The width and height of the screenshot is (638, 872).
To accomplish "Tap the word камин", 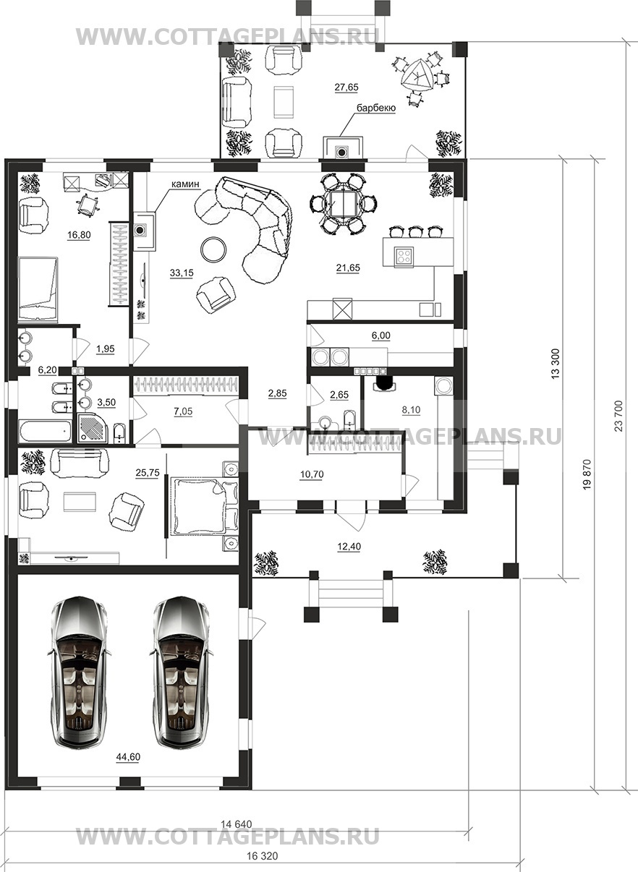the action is tap(185, 184).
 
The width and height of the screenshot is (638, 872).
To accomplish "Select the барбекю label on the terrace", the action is tap(376, 108).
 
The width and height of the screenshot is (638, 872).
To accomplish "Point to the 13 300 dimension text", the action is tap(556, 364).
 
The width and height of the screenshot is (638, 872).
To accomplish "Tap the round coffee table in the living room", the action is tap(213, 249).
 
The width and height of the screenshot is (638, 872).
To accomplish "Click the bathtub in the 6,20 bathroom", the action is tap(45, 429).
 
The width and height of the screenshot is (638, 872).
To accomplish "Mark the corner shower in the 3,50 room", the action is tap(93, 428).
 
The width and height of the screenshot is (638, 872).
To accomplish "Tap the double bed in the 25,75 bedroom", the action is tap(200, 505).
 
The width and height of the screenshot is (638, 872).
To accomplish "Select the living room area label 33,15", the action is tap(182, 273).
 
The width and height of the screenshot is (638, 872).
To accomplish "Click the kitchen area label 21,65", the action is tap(348, 268).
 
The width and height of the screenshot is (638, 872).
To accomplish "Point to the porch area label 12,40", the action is tap(349, 547).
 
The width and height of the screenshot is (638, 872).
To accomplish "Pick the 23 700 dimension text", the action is tap(618, 416).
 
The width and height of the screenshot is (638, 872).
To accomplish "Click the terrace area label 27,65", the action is tap(346, 87).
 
